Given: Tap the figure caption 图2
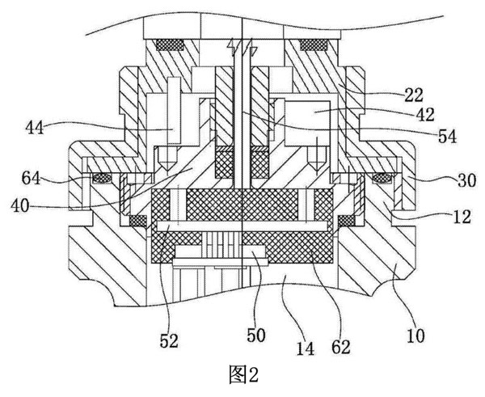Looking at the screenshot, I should click(x=242, y=374).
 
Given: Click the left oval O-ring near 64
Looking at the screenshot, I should click(x=103, y=178).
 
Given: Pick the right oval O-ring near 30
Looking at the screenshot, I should click(x=383, y=178).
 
